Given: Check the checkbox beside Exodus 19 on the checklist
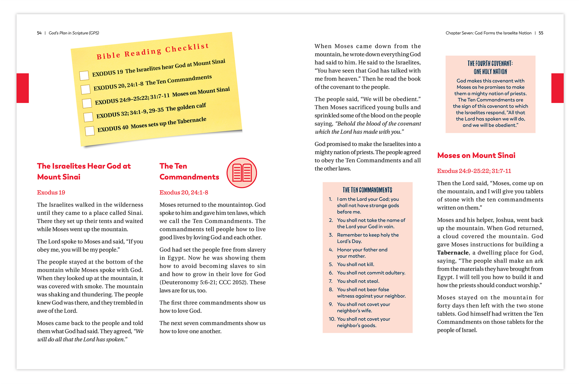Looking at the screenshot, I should pos(84,75).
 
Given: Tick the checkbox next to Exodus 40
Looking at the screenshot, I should pos(90,131).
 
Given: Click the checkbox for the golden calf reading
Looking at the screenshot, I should pos(88,117).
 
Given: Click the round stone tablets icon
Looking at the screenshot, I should pos(242,173).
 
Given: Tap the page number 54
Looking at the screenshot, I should pos(39,33).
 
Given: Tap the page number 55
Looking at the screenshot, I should pos(541,33).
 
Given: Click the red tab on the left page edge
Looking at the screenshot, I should pos(23,88).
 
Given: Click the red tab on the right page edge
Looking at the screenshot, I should pos(557,88).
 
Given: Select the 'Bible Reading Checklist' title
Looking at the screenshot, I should pos(153,51).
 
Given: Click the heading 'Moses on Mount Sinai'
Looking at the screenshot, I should pos(476,155).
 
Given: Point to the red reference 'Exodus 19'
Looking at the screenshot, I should pos(51,193).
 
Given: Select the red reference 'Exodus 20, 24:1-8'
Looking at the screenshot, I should pos(184,193).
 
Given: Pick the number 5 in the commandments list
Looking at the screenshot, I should pos(331,264).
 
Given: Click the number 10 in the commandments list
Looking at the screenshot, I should pos(332,319).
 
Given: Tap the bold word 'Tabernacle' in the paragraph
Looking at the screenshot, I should pos(453,253).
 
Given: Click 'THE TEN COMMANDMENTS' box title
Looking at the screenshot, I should pos(367,190).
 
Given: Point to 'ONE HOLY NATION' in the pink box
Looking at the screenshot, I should pos(490,72).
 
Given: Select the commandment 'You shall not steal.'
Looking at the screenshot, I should pos(358,281).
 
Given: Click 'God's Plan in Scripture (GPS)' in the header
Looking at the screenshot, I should pos(74,33).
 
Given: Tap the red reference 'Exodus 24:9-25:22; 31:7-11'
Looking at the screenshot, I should pos(474,171).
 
